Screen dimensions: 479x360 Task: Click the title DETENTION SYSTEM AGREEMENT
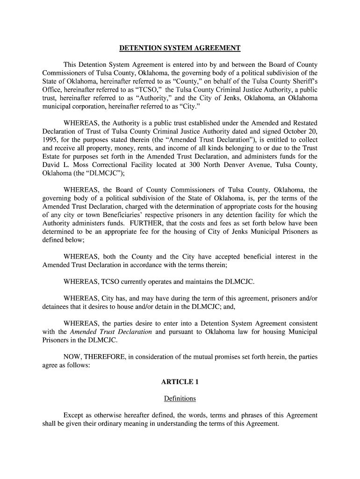180,48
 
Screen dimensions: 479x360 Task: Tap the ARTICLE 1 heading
180,382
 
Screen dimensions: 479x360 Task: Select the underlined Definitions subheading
180,399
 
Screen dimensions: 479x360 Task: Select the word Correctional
107,165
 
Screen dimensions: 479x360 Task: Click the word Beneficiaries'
119,215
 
